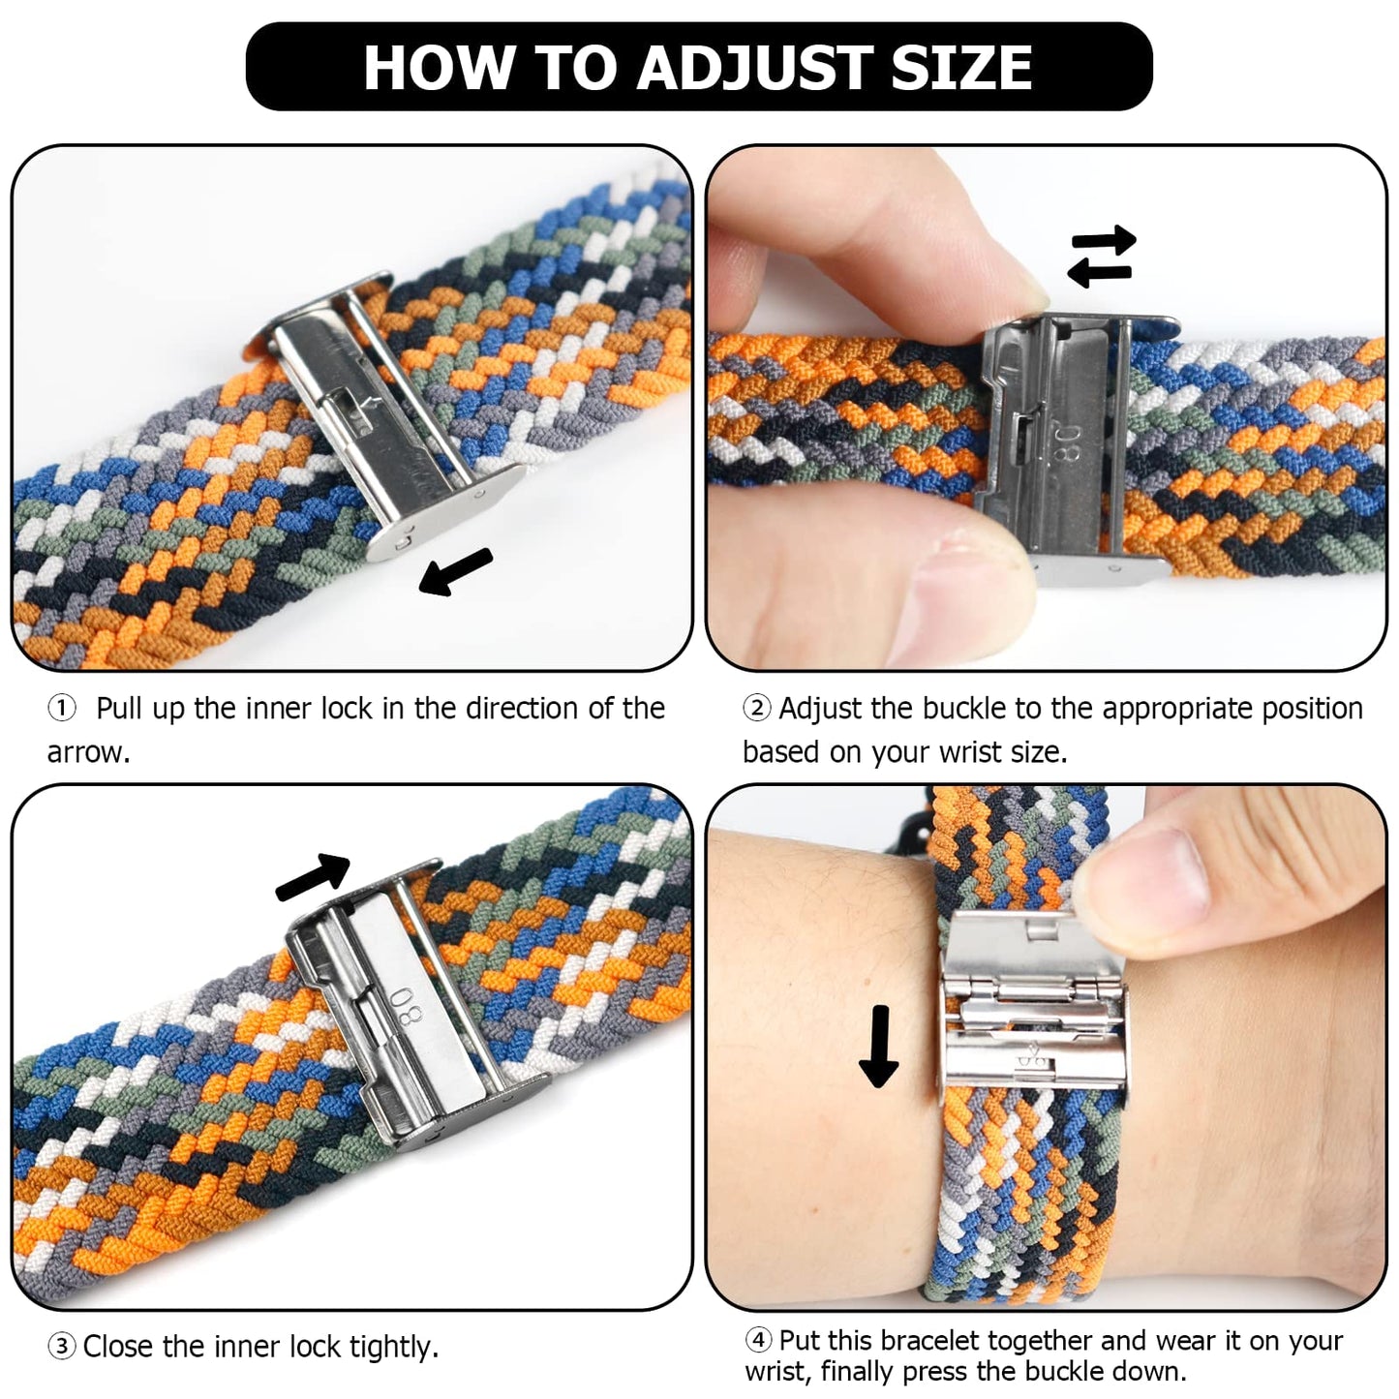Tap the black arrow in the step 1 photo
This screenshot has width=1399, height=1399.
[455, 572]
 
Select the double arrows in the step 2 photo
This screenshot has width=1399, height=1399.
[1101, 257]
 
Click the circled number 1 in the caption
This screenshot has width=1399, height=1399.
[62, 709]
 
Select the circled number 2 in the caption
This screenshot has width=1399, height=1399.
[756, 709]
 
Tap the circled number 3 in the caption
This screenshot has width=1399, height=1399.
[62, 1347]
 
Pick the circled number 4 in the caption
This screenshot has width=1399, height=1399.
[758, 1341]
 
